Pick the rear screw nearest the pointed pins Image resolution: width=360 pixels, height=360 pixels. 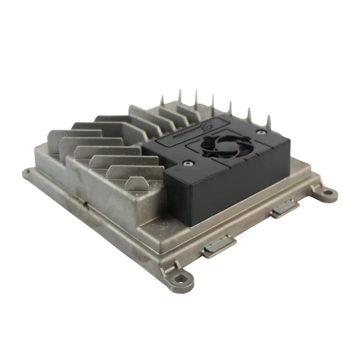259,132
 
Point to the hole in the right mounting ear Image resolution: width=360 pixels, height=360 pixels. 328,192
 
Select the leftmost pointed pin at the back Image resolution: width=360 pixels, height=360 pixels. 162,100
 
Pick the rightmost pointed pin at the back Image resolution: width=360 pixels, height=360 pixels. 269,122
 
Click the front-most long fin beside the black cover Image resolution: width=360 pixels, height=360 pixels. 133,172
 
